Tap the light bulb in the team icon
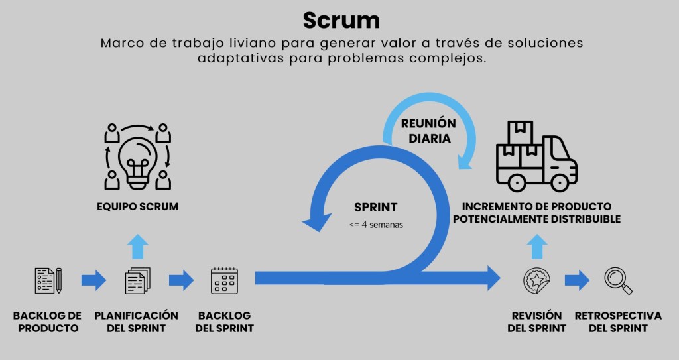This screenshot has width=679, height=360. (137, 156)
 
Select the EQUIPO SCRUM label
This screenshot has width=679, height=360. (137, 207)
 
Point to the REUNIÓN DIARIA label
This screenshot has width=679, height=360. (428, 131)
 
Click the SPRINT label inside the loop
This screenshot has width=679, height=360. (375, 207)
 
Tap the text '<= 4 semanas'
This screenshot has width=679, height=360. (376, 225)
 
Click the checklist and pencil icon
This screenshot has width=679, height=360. (48, 280)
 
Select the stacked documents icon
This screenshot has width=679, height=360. (137, 280)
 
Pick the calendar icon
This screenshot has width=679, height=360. (224, 280)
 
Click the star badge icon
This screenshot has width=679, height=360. (536, 280)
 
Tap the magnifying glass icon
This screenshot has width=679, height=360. (618, 280)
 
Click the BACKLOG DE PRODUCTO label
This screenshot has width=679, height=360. (47, 322)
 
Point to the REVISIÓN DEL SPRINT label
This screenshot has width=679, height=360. (536, 322)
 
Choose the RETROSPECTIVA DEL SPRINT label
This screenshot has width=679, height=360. (618, 322)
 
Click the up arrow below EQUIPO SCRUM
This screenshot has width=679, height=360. (137, 245)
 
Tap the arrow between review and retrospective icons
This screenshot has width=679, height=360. (577, 280)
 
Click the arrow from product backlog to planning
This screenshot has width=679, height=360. (93, 280)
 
